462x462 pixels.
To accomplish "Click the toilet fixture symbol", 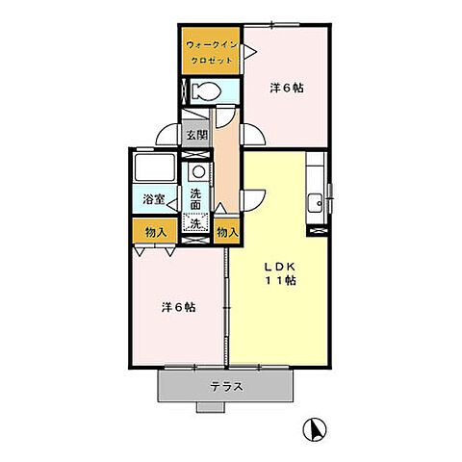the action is click(206, 91).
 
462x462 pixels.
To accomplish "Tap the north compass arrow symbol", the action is click(315, 429).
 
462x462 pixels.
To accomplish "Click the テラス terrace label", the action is click(227, 387).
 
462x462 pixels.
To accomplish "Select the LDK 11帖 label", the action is click(280, 273).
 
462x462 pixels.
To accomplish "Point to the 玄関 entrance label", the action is click(197, 135).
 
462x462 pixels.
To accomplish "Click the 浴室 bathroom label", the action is click(154, 199).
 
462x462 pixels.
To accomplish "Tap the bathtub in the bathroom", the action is click(155, 168).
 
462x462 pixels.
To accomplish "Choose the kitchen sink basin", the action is click(315, 203).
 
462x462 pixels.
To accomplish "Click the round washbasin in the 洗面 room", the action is click(198, 171).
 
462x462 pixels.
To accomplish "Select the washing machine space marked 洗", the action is click(195, 223).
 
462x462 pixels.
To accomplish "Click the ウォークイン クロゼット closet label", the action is click(211, 53).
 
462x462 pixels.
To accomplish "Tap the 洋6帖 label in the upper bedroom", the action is click(287, 88).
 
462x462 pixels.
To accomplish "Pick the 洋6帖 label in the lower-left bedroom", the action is click(178, 307).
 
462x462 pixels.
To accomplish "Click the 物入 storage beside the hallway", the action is click(227, 232).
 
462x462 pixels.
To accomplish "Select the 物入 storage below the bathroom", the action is click(155, 232).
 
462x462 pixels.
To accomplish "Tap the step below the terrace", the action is click(210, 407).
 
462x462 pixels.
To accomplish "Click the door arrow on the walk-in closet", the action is click(249, 51).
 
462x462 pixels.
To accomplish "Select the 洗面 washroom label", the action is click(195, 199).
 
